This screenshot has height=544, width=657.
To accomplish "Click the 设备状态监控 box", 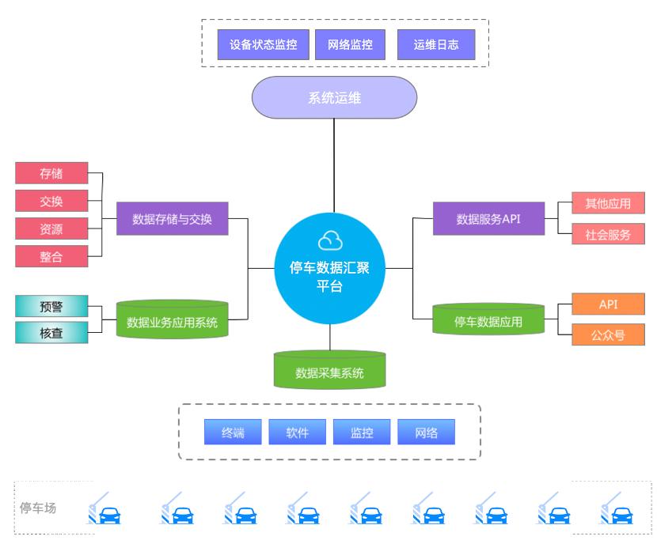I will [264, 45].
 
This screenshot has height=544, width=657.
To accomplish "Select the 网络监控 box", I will [350, 45].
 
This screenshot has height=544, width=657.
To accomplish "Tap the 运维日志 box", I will [436, 45].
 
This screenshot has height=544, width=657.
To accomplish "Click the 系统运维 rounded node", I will [334, 98].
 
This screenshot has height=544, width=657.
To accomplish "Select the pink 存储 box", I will [51, 173].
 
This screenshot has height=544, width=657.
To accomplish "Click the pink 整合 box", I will [51, 256].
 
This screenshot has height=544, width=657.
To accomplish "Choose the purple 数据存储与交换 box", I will [172, 219].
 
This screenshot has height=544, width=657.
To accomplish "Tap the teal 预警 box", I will [51, 306].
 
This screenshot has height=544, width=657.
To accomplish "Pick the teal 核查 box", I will [51, 333].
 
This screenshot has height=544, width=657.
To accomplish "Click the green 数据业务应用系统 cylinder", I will [172, 320].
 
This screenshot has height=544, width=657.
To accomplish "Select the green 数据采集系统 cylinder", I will [329, 371].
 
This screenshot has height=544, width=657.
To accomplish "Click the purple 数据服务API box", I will [488, 219].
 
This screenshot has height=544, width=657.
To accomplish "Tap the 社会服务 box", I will [608, 234].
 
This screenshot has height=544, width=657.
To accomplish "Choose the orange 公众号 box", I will [608, 334].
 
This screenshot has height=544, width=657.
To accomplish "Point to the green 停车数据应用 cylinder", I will [488, 320].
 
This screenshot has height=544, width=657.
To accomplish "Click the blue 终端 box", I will [233, 433].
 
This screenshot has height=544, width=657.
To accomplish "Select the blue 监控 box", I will [362, 433].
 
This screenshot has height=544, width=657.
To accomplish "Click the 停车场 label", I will [38, 508].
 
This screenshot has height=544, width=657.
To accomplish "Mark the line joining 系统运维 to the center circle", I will [334, 166].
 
